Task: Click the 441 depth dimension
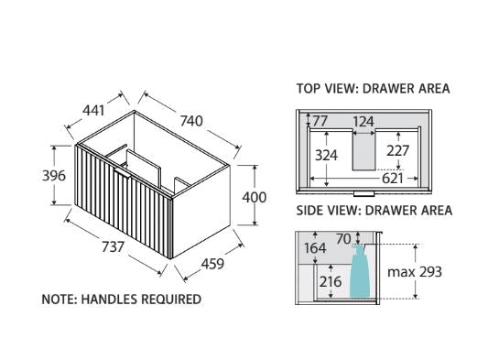(x=93, y=110)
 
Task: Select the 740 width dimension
(x=191, y=121)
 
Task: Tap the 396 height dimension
(x=54, y=176)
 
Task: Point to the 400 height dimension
(x=255, y=198)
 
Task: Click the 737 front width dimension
(x=114, y=247)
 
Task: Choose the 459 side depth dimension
(x=212, y=264)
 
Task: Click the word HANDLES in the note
(x=109, y=300)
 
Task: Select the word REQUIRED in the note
(x=171, y=300)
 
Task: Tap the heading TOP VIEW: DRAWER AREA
(x=374, y=89)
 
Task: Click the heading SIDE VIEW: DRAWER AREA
(x=374, y=211)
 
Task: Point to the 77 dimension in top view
(x=320, y=121)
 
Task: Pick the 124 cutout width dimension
(x=363, y=122)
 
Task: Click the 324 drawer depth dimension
(x=326, y=155)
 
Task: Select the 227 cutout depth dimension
(x=397, y=151)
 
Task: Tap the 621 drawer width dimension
(x=393, y=179)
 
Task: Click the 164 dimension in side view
(x=315, y=248)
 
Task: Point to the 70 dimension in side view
(x=344, y=239)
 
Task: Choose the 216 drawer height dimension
(x=331, y=282)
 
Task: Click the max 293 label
(x=415, y=272)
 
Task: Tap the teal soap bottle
(x=360, y=271)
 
